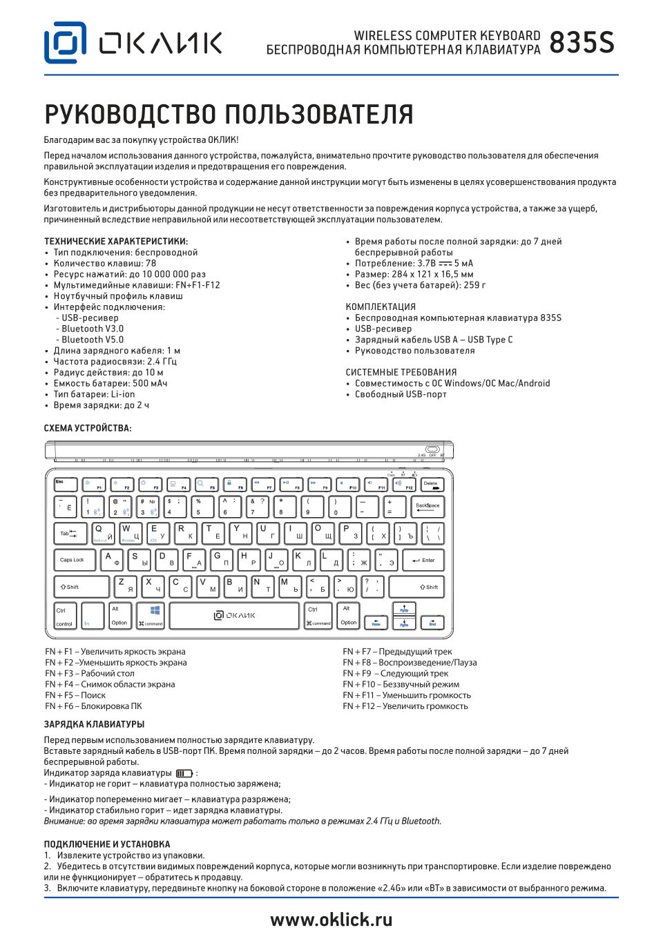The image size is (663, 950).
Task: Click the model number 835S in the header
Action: point(582,43)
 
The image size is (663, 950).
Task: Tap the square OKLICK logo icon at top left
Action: point(66,43)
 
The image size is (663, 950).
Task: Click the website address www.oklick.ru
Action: point(331,920)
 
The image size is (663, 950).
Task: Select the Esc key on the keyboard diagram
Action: point(66,484)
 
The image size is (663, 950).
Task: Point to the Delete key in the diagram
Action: point(432,485)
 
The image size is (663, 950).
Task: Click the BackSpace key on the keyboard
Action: point(427,507)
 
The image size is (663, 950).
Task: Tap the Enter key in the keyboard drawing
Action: point(423,560)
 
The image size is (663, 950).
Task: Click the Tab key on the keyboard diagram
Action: point(70,533)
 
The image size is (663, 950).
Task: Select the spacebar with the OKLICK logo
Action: point(235,615)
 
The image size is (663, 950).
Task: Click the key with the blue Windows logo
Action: point(151,615)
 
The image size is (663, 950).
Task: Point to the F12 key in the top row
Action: point(403,485)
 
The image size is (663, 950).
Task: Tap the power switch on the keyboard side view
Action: point(433,449)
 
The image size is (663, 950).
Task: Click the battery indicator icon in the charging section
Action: point(184,773)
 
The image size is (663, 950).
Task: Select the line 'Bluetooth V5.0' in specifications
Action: point(93,340)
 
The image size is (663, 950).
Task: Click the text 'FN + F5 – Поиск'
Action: point(75,695)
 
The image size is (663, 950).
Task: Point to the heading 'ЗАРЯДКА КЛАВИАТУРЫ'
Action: point(95,724)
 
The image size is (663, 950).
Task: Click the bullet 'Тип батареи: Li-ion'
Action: point(94,394)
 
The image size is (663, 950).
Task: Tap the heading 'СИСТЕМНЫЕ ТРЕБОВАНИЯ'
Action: point(401,372)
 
